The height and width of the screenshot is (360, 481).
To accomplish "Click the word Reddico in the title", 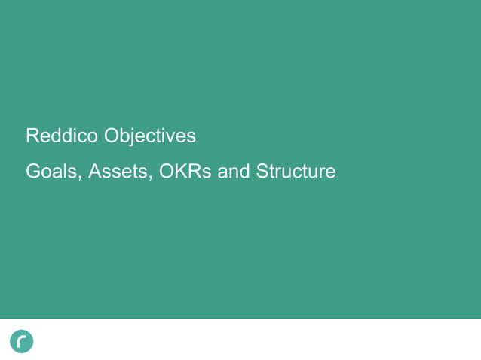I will [x=62, y=136].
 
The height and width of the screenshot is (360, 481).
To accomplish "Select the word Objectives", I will [x=149, y=136].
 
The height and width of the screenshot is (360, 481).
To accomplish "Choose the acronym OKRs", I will [x=185, y=172].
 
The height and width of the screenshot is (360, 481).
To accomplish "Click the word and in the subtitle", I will [x=234, y=172].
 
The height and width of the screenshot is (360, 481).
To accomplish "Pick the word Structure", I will [x=296, y=172].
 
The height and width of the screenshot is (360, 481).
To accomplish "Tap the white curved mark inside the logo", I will [x=22, y=341].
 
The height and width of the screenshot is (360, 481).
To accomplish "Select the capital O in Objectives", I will [x=112, y=136].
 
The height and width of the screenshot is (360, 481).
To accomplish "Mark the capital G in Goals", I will [x=33, y=172].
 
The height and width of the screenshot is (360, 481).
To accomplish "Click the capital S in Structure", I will [x=262, y=172].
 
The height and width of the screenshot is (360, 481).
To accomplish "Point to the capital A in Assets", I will [x=95, y=172].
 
